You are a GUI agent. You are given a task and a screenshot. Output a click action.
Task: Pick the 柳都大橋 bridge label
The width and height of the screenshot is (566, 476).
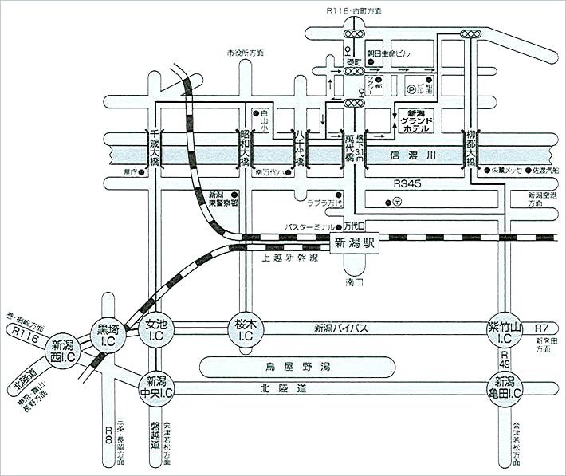pos(471,148)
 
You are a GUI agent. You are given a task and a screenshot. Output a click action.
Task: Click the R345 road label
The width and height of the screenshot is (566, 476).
pos(407,184)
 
